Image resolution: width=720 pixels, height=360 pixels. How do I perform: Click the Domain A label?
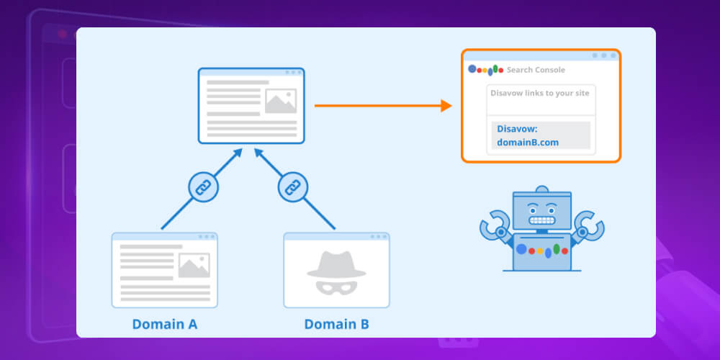point(164,324)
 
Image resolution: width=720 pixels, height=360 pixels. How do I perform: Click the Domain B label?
point(336,324)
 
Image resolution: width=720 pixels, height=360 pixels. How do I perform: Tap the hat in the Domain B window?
point(336,264)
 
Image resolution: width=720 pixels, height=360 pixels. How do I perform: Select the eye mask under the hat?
point(336,287)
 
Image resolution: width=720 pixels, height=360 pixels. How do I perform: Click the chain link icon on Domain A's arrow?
point(203,188)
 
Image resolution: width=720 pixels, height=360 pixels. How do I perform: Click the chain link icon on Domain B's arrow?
point(292,188)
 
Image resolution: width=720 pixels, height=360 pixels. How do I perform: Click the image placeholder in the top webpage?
point(280,101)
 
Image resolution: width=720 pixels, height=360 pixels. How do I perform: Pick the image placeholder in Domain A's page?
point(194,266)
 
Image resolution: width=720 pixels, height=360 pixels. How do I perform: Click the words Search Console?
point(536,70)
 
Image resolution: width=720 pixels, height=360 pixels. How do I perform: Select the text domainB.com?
point(528,142)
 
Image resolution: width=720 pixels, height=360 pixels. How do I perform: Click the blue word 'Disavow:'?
point(517,129)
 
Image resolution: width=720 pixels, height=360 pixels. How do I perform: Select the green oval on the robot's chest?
point(556,248)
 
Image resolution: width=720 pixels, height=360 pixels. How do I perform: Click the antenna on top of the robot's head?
point(541,189)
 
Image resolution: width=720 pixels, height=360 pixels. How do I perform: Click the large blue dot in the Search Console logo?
point(473,69)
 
